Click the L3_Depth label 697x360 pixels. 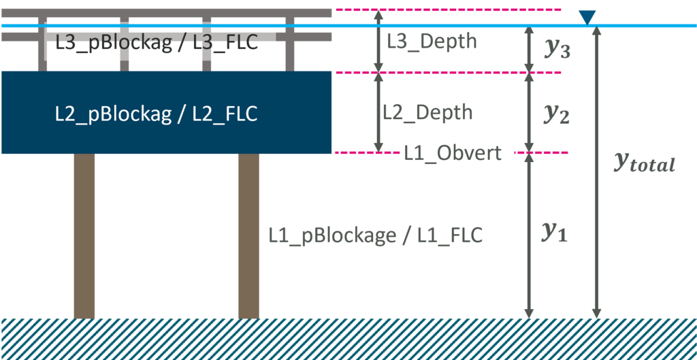pos(432,41)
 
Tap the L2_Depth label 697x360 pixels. pos(427,112)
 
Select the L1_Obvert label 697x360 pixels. pos(453,153)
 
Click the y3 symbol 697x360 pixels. pos(557,49)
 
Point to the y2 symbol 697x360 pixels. pos(556,114)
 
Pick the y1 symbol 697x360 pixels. pos(554,233)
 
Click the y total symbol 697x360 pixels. pos(644,162)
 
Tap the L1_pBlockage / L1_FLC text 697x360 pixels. pos(375,235)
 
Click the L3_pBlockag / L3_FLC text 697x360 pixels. pos(157,43)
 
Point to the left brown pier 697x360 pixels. pos(84,235)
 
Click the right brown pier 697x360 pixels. pos(248,235)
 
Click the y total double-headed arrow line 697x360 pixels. pos(597,204)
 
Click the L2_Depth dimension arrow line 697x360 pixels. pos(379,112)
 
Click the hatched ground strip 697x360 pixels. pos(348,338)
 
